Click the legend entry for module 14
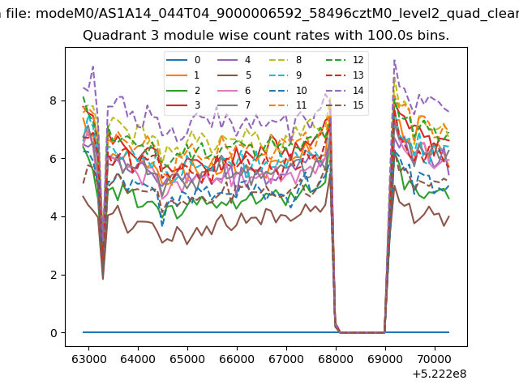point(345,90)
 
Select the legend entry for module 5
point(234,75)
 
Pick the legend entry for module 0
point(183,60)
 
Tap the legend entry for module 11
point(288,105)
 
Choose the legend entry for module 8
point(285,60)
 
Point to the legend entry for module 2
point(183,90)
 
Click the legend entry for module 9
point(285,75)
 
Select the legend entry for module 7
point(234,105)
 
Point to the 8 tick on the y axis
point(63,100)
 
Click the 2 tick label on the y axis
point(54,275)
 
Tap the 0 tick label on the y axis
point(54,333)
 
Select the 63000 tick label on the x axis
point(88,359)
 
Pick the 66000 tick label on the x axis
point(237,359)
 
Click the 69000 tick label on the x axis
point(385,359)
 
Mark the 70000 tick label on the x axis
point(435,359)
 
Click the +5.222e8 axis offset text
point(440,374)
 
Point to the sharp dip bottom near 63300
point(103,280)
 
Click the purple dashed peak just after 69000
point(394,60)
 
